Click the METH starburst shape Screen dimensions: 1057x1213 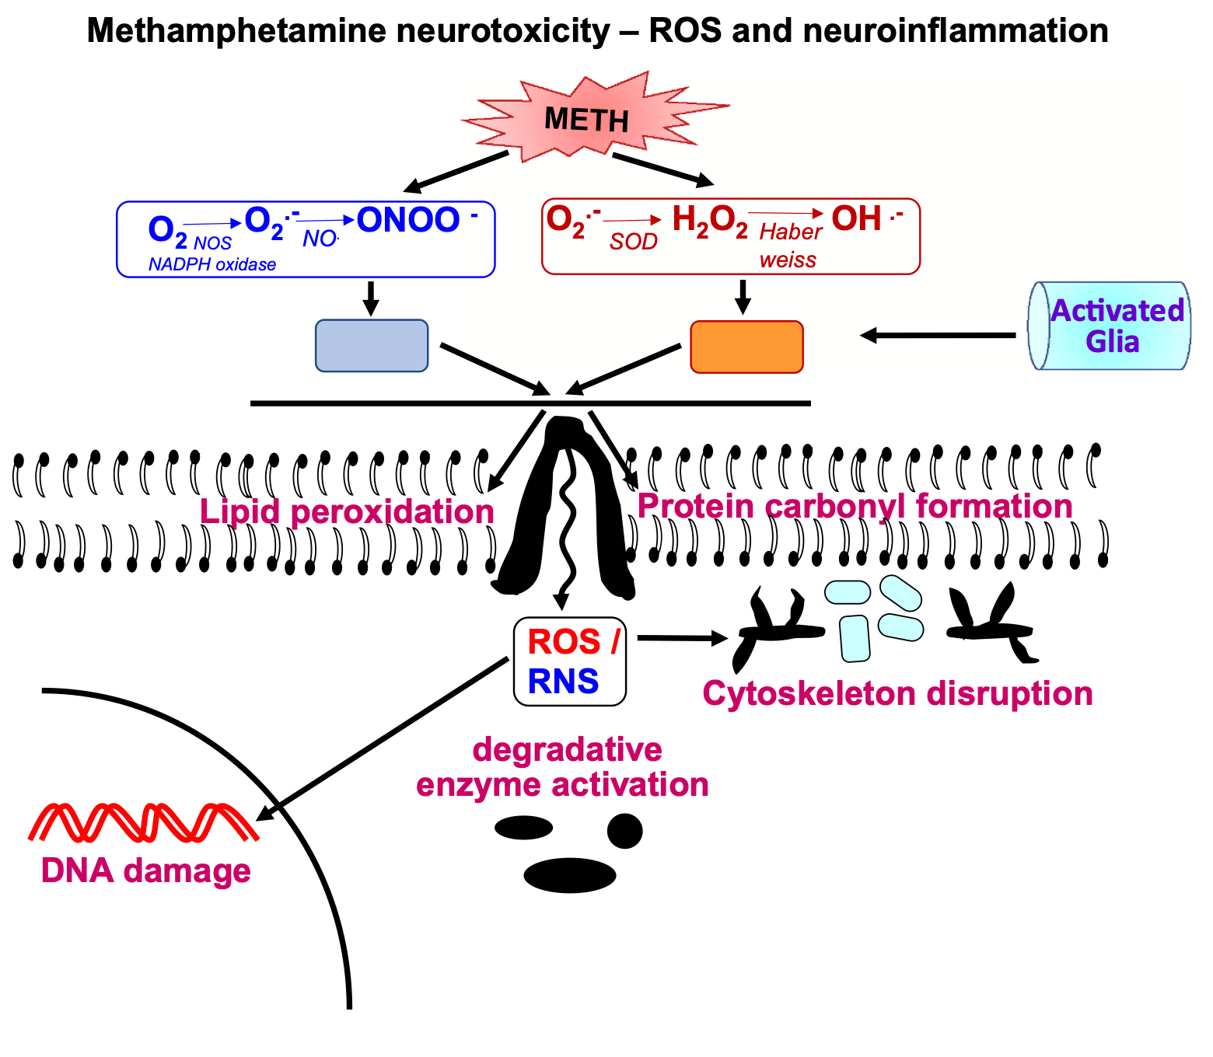pyautogui.click(x=588, y=119)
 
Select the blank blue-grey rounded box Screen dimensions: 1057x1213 pyautogui.click(x=372, y=346)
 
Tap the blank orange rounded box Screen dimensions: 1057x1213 pyautogui.click(x=746, y=347)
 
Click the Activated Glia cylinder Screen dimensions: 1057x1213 pyautogui.click(x=1110, y=326)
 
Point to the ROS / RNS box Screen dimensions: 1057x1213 pyautogui.click(x=570, y=661)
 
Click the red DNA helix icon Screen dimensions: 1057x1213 pyautogui.click(x=144, y=822)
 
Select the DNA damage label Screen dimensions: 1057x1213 pyautogui.click(x=146, y=870)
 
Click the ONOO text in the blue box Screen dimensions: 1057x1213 pyautogui.click(x=409, y=220)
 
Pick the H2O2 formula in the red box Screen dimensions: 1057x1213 pyautogui.click(x=709, y=220)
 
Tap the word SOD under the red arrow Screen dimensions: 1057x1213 pyautogui.click(x=633, y=242)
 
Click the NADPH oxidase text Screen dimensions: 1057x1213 pyautogui.click(x=212, y=264)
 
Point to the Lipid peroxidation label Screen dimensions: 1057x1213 pyautogui.click(x=347, y=512)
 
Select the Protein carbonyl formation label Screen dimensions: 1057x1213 pyautogui.click(x=855, y=506)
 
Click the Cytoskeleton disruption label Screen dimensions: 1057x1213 pyautogui.click(x=897, y=693)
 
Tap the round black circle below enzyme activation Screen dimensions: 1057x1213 pyautogui.click(x=624, y=831)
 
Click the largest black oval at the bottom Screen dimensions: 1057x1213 pyautogui.click(x=570, y=875)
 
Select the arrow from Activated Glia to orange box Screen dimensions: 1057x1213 pyautogui.click(x=938, y=336)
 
